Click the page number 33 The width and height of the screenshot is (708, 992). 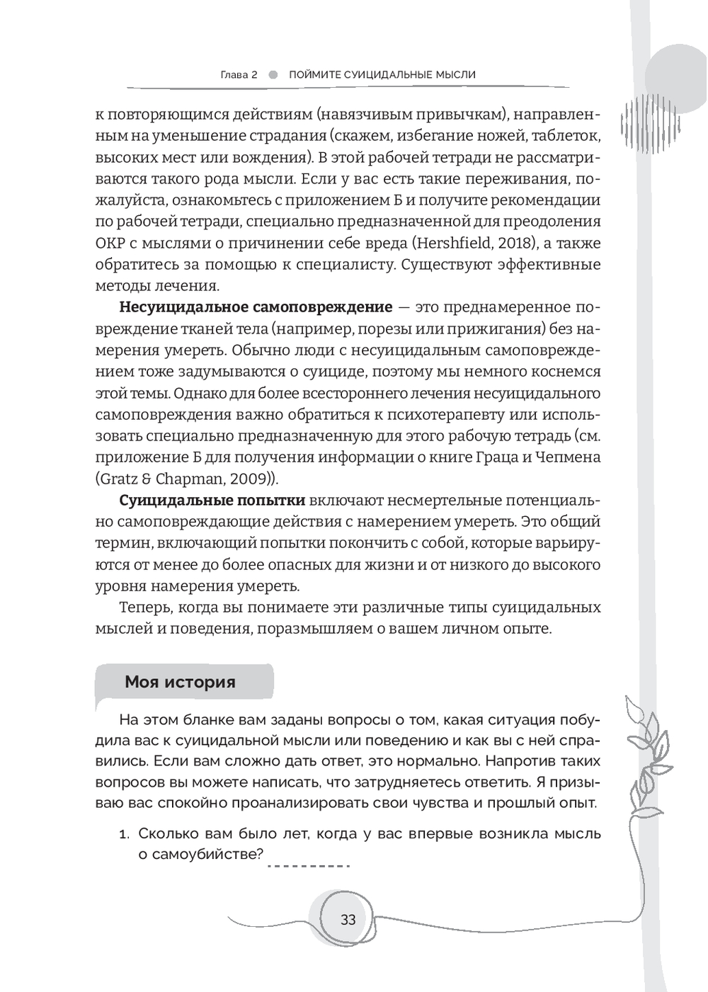[x=348, y=920]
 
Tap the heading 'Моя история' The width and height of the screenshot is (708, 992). [x=180, y=682]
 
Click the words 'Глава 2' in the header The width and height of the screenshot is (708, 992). [x=239, y=74]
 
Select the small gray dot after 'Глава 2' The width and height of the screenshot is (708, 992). [x=273, y=74]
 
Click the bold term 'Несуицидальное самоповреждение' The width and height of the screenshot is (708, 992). [x=256, y=307]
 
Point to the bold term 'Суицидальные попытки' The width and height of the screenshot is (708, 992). [x=212, y=501]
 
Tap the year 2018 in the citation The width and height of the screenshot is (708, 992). [x=440, y=244]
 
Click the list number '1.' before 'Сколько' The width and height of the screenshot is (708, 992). [x=125, y=834]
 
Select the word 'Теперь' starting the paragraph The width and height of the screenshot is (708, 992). [x=144, y=608]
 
